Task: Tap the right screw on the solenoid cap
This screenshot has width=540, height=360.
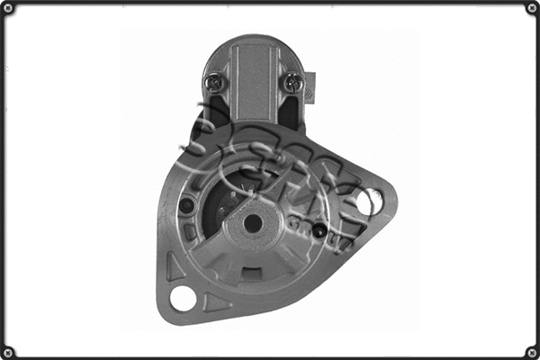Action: pyautogui.click(x=292, y=82)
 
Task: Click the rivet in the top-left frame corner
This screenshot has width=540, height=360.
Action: pyautogui.click(x=8, y=8)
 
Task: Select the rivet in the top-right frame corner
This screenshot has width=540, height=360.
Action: pyautogui.click(x=531, y=8)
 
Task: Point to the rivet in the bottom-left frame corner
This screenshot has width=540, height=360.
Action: pyautogui.click(x=8, y=351)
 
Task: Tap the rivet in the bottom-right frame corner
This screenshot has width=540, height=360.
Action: pyautogui.click(x=531, y=351)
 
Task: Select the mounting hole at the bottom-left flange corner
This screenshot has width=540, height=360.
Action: pyautogui.click(x=184, y=298)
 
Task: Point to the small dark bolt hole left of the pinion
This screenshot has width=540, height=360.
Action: pyautogui.click(x=187, y=205)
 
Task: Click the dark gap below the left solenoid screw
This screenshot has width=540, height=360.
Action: pyautogui.click(x=215, y=112)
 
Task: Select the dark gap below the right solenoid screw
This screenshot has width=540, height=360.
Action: pyautogui.click(x=290, y=112)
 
